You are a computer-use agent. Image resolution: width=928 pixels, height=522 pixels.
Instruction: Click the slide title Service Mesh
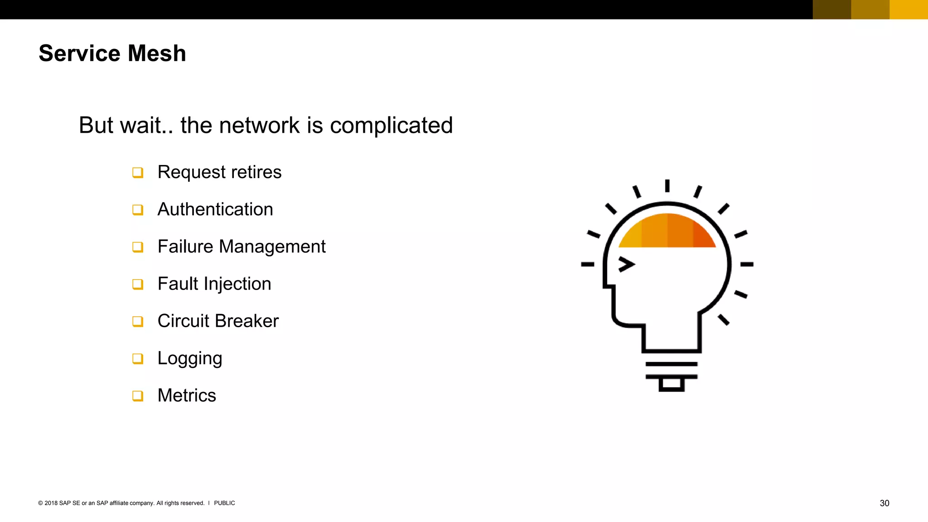point(112,53)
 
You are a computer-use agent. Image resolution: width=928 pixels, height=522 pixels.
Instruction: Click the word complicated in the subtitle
point(391,126)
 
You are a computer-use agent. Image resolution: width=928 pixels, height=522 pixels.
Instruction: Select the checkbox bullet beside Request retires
point(138,173)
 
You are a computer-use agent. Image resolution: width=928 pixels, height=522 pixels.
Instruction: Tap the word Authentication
point(215,209)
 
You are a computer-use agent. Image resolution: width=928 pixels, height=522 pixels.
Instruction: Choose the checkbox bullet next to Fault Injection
point(138,284)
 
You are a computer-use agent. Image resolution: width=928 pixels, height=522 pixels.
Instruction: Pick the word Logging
point(190,358)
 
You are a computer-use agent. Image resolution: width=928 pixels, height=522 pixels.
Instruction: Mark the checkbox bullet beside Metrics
point(138,396)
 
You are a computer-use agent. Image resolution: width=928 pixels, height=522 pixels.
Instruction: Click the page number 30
point(884,503)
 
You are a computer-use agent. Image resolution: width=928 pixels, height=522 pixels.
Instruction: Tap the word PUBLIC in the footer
point(224,503)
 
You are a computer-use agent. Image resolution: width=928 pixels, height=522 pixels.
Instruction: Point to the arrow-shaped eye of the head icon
point(627,264)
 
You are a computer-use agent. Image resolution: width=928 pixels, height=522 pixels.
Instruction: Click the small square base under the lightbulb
point(671,385)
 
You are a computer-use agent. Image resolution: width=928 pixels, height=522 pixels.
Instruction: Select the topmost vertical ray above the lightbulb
point(667,186)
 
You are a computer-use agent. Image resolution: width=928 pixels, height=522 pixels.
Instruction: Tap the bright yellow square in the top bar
point(909,10)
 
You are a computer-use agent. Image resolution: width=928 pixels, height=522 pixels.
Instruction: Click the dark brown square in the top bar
point(832,10)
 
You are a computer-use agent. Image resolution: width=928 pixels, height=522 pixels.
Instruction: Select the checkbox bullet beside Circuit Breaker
point(138,321)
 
